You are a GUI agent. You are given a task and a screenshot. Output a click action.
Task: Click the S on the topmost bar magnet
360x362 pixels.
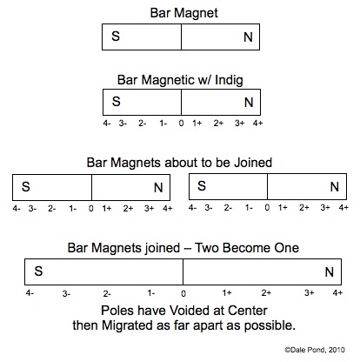click(x=116, y=37)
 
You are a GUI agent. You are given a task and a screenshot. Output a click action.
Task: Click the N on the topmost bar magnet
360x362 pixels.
click(x=248, y=37)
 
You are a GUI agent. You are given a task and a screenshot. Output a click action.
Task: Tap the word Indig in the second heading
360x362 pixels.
click(x=229, y=80)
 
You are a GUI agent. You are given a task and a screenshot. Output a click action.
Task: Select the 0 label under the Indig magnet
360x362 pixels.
click(x=181, y=124)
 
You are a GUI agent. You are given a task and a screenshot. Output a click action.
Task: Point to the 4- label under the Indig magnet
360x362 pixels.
click(x=107, y=124)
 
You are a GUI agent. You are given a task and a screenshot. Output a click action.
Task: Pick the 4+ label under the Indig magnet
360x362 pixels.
click(x=257, y=124)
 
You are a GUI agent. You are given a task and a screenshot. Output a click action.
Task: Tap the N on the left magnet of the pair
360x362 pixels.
click(x=158, y=188)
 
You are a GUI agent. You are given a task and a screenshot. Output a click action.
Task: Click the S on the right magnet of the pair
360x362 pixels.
click(x=202, y=186)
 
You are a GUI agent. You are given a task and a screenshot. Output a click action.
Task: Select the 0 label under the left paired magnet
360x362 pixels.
click(x=91, y=208)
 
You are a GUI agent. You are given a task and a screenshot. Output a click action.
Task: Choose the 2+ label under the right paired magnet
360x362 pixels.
click(x=304, y=208)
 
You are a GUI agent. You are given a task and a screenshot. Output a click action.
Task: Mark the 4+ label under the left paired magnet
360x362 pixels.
click(x=168, y=208)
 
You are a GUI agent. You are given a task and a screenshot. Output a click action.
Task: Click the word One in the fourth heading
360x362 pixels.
click(x=288, y=248)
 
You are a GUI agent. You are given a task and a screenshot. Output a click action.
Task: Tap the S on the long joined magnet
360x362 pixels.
click(x=38, y=271)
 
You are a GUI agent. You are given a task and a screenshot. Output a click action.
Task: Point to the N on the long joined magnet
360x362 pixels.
click(x=330, y=272)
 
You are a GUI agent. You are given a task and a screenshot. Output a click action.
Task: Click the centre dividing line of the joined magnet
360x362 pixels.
click(x=183, y=271)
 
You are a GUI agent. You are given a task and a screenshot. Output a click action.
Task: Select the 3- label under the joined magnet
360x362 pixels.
click(x=66, y=294)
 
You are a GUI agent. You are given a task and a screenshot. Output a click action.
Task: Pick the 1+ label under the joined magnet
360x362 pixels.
click(x=227, y=293)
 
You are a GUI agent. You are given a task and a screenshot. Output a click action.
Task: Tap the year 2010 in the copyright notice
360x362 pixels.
click(x=337, y=350)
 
